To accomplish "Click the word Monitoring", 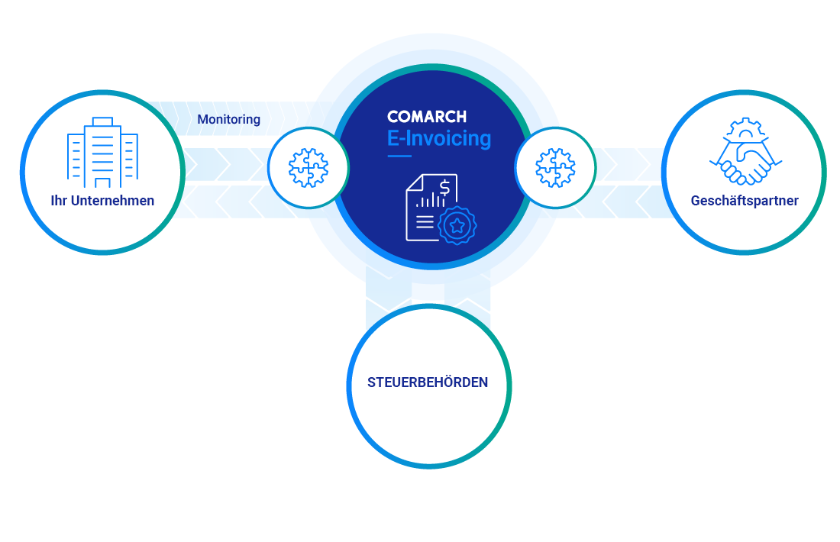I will [228, 120].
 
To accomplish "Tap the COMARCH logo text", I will [426, 117].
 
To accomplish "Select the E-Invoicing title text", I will [439, 139].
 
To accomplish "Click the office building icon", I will [102, 152].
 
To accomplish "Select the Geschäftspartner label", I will [745, 202].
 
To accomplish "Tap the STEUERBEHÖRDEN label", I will [428, 382].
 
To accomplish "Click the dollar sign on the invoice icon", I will [444, 186].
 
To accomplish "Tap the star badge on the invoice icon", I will [457, 225].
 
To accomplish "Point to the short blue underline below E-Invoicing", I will [399, 156].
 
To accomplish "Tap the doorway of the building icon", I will [102, 182].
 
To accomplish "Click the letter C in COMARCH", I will [393, 117].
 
